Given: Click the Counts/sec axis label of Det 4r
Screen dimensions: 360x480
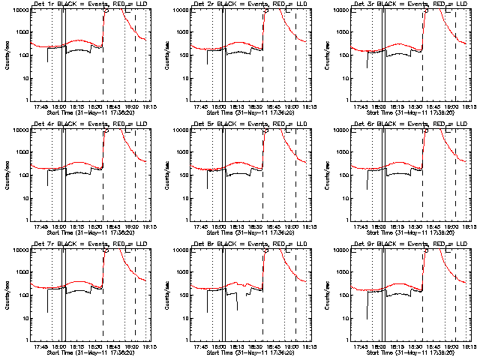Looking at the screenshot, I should [x=7, y=174].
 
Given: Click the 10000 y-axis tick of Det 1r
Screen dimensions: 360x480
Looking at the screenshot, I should [x=17, y=10].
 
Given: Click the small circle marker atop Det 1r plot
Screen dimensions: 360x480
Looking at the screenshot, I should [x=107, y=11].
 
